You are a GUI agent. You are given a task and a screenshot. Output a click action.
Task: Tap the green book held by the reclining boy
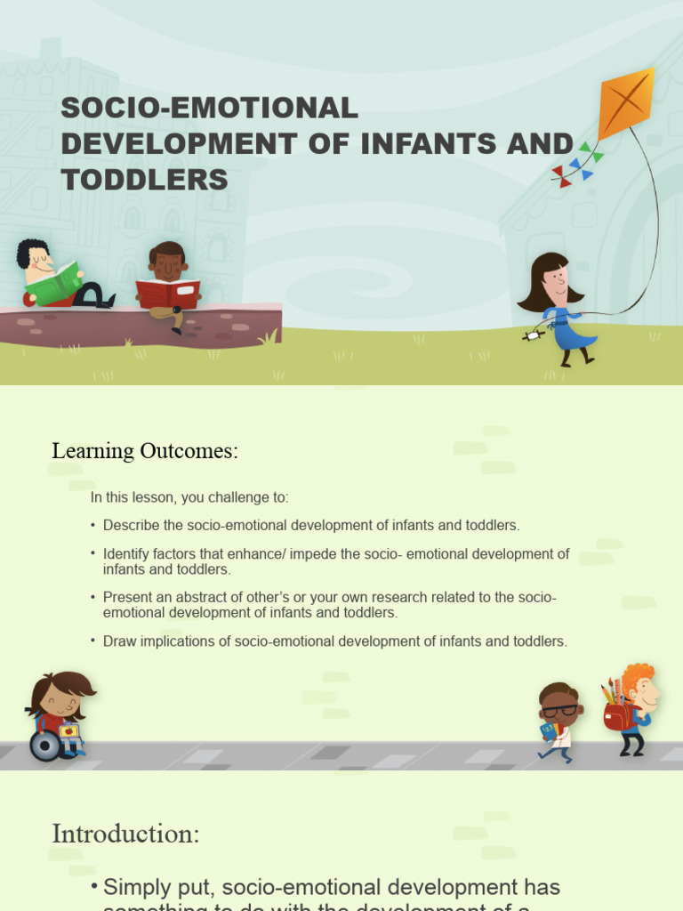(x=55, y=283)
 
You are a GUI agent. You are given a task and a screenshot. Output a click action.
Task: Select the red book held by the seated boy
(x=167, y=293)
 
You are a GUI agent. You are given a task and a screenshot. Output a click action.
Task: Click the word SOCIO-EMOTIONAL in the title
(x=209, y=109)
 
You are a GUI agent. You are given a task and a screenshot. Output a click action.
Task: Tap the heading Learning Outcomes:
(x=145, y=451)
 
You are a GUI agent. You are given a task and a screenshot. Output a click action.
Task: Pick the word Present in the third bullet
(x=127, y=597)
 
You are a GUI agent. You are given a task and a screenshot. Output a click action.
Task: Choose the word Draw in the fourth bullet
(x=118, y=641)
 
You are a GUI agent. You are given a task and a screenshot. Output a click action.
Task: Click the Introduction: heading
(x=125, y=834)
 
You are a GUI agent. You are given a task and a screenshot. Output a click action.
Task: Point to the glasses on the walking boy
(x=559, y=710)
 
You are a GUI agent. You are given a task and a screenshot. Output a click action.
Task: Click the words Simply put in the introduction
(x=159, y=887)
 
